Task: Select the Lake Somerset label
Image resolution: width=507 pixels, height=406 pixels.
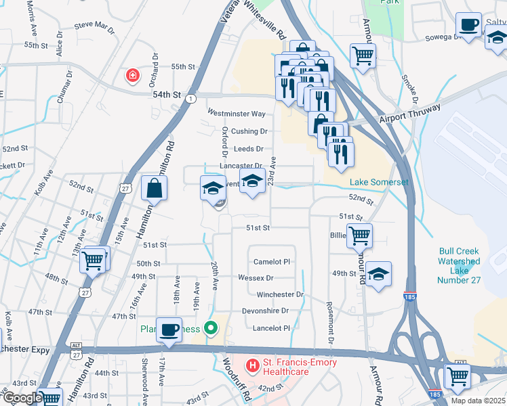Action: click(379, 183)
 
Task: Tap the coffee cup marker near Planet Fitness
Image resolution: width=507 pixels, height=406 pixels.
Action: click(169, 330)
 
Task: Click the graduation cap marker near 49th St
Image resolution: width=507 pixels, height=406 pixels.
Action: click(379, 274)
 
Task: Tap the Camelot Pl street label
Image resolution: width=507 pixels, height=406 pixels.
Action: click(272, 262)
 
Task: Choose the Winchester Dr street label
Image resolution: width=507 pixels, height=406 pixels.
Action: click(280, 295)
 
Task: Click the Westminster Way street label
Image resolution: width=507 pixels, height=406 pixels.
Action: click(237, 114)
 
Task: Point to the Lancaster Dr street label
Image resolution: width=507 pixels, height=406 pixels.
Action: click(241, 166)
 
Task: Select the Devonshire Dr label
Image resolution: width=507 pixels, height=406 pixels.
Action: click(266, 311)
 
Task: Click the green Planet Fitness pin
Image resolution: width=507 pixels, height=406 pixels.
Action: click(211, 329)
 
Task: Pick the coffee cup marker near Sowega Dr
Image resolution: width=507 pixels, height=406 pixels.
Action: click(468, 25)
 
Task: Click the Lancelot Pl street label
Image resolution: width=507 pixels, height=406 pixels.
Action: click(272, 328)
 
